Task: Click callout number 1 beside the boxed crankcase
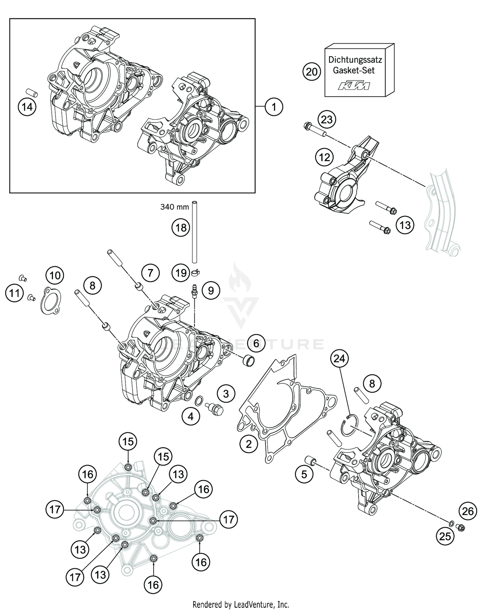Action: tap(274, 107)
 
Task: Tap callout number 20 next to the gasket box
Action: tap(311, 72)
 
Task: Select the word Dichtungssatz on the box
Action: tap(355, 60)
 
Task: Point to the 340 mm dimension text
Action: tap(174, 207)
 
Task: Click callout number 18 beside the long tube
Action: tap(181, 228)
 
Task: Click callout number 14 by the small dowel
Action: tap(27, 107)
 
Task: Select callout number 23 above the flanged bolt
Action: tap(327, 120)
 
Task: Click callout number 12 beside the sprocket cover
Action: tap(325, 157)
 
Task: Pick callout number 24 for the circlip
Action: tap(339, 358)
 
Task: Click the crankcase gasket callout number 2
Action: tap(248, 444)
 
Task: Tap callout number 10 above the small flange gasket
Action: tap(55, 275)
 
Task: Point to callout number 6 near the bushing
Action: tap(256, 343)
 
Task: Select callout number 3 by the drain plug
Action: tap(226, 393)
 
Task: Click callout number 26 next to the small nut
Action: tap(468, 511)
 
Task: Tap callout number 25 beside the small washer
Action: tap(445, 536)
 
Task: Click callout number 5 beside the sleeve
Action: tap(304, 474)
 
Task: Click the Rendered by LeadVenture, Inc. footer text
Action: tap(241, 605)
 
